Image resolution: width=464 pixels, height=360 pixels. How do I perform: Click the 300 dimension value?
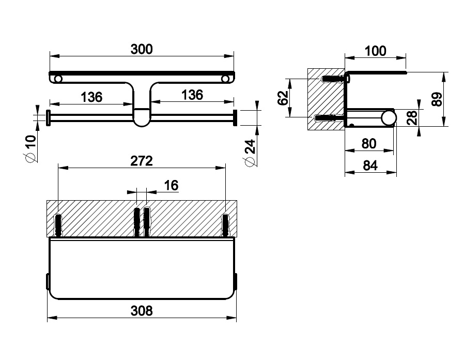click(142, 49)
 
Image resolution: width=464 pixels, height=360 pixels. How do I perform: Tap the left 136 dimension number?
click(91, 97)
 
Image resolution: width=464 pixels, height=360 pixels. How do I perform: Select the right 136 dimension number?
click(192, 95)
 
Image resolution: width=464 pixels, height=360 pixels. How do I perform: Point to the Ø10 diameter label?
click(30, 148)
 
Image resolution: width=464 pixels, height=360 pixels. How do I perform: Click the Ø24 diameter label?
click(250, 153)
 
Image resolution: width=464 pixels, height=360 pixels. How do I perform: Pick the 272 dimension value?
click(142, 161)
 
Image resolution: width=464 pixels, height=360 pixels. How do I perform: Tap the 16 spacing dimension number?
click(171, 186)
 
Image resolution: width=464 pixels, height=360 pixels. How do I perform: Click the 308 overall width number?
click(142, 311)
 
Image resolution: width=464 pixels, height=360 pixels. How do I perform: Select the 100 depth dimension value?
click(375, 51)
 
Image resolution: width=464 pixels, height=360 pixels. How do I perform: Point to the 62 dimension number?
click(283, 98)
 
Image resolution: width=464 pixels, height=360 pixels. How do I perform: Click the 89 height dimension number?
click(437, 99)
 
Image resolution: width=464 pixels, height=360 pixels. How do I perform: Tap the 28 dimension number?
click(412, 117)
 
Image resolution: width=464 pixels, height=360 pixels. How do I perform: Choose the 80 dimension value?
click(369, 144)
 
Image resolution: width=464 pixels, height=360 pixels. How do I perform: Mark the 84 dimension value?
click(370, 166)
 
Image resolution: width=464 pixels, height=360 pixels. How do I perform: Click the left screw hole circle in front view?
click(58, 79)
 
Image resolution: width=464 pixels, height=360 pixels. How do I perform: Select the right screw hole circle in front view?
click(225, 79)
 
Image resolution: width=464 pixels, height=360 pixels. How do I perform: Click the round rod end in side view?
click(389, 117)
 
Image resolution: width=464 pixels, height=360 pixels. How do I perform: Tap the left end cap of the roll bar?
click(48, 118)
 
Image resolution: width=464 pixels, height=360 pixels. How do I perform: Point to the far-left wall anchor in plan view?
click(58, 224)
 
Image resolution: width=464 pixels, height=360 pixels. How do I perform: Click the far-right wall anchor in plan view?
click(225, 224)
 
